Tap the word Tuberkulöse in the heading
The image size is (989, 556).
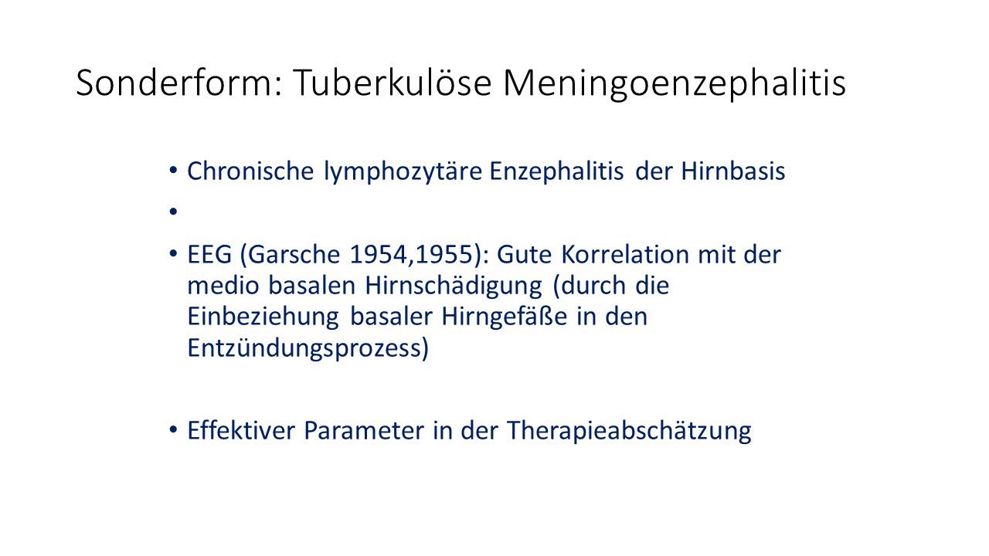[x=393, y=82]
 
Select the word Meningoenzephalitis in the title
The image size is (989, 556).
[x=675, y=84]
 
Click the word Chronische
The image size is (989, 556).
[x=250, y=171]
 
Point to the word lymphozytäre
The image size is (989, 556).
[x=403, y=171]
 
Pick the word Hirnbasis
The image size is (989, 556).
[x=733, y=171]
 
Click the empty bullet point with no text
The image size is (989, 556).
[x=173, y=212]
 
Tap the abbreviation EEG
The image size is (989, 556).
[x=209, y=255]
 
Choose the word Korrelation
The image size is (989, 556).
[x=625, y=255]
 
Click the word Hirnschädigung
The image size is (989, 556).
[x=454, y=286]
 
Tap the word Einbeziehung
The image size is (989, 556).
[x=263, y=317]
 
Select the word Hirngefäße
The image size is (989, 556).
[x=505, y=317]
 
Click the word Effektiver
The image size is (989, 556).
[x=241, y=431]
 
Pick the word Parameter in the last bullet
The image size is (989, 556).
[x=364, y=431]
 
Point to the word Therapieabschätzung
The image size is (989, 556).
[x=629, y=431]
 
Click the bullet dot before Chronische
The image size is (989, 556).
[x=173, y=170]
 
